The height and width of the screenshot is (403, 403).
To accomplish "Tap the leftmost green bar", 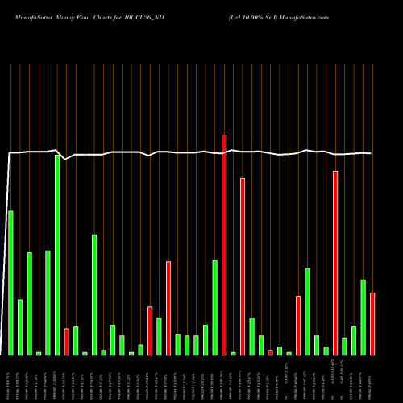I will (10, 283).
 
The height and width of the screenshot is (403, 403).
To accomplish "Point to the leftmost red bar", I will (66, 342).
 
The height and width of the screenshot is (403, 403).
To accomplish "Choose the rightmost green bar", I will (363, 318).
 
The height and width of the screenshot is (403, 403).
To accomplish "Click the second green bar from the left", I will (20, 327).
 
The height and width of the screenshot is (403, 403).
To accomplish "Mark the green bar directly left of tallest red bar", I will (215, 307).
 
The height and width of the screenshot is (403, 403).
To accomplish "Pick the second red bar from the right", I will (335, 263).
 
